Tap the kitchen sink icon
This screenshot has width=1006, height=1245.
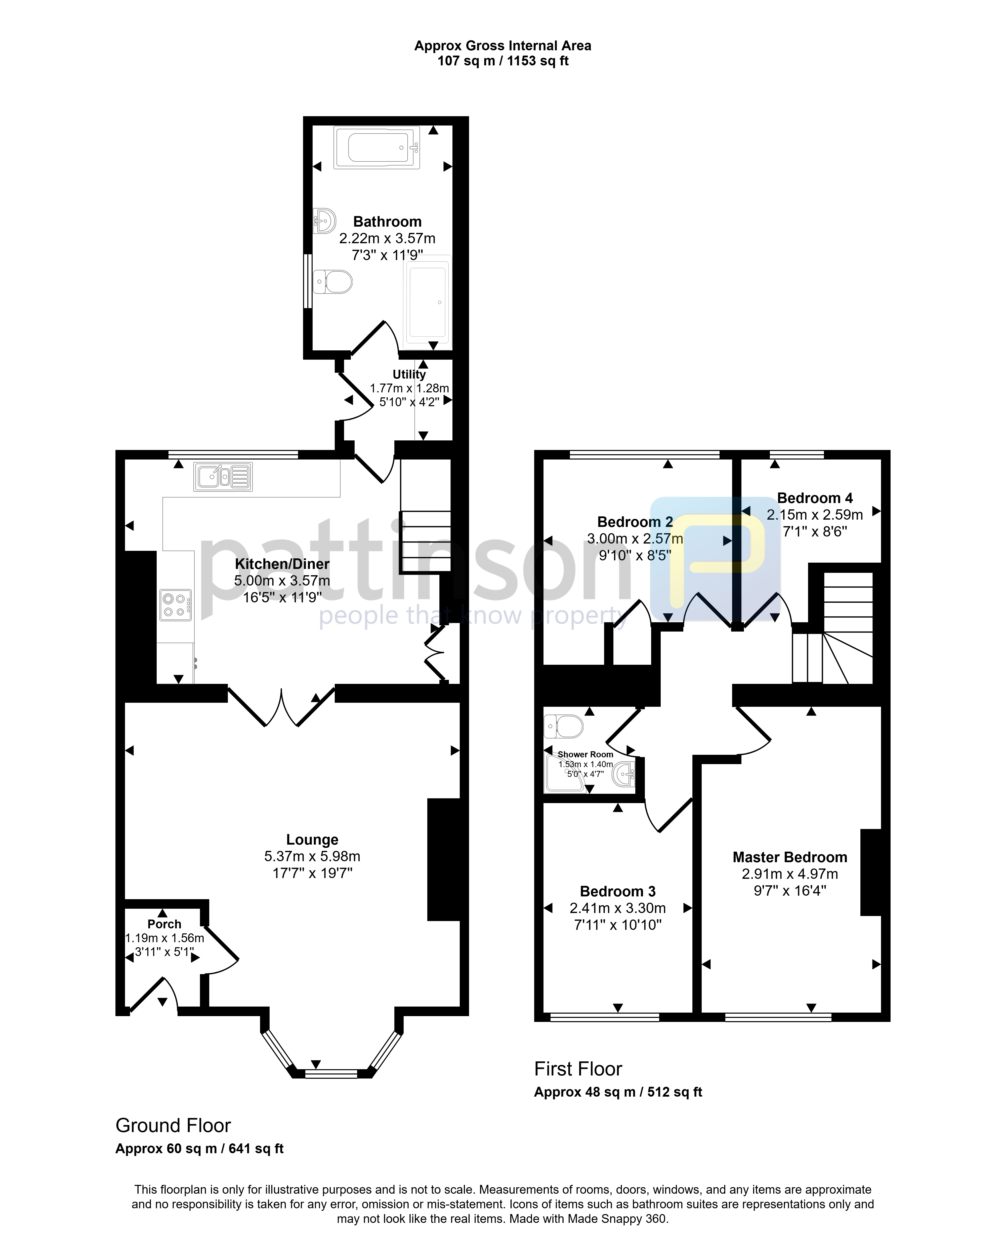[223, 477]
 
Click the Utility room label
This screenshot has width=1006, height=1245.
[409, 375]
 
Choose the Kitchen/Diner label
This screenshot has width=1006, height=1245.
[282, 564]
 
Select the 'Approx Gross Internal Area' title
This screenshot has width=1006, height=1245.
[503, 46]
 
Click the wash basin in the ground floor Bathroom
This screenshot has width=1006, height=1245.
[324, 221]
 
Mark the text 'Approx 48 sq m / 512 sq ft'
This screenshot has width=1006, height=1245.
[618, 1092]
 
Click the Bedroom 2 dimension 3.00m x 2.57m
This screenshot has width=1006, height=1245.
[635, 538]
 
